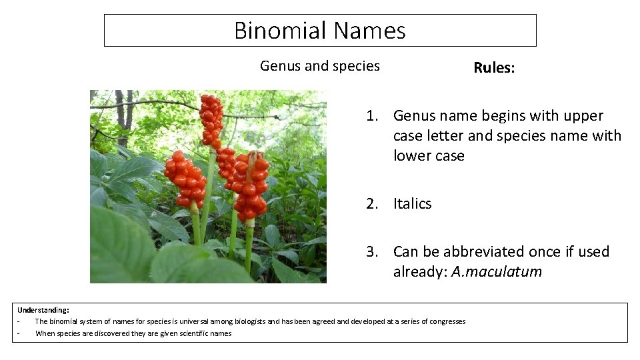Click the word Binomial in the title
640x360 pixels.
tap(280, 31)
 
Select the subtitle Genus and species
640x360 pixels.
tap(319, 66)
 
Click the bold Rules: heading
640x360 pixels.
tap(493, 67)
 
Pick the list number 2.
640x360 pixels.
tap(371, 204)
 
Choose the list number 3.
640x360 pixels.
tap(371, 252)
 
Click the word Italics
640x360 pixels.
tap(412, 204)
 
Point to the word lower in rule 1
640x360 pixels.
tap(411, 156)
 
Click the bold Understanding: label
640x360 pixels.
tap(43, 310)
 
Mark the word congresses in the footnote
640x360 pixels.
tap(447, 321)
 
